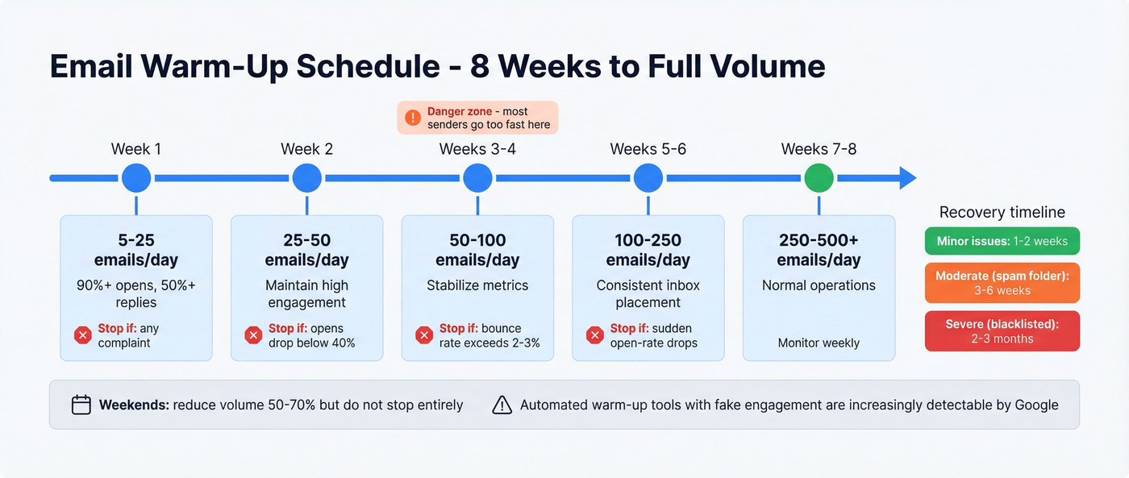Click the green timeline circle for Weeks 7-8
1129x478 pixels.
coord(819,177)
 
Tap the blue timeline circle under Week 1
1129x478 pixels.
coord(136,177)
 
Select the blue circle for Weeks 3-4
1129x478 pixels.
coord(477,177)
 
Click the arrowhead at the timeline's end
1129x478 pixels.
coord(908,177)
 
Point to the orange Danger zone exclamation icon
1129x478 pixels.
coord(413,118)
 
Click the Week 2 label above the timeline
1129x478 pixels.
coord(306,149)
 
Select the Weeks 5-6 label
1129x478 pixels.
coord(648,149)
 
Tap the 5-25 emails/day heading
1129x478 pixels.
coord(136,250)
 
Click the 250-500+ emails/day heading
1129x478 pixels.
coord(819,250)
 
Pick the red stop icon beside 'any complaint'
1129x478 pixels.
coord(82,335)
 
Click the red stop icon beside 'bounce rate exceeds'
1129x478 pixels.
coord(424,335)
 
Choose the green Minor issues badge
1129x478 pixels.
coord(1002,241)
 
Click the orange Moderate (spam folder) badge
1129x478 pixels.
coord(1002,283)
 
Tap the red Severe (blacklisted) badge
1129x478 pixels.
coord(1002,330)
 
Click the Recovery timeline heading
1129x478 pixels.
coord(1002,212)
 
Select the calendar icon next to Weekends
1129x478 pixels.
coord(81,405)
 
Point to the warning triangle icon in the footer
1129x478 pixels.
coord(502,405)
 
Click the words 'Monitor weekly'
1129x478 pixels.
coord(819,343)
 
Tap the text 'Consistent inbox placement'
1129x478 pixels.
coord(648,293)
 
